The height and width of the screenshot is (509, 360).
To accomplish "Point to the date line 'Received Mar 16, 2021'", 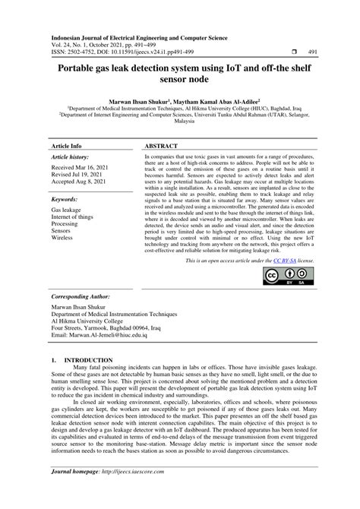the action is pyautogui.click(x=79, y=166).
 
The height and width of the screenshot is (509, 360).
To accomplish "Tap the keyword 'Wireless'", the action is pyautogui.click(x=63, y=239).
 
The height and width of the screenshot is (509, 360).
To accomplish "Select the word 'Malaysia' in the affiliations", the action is pyautogui.click(x=179, y=120).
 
